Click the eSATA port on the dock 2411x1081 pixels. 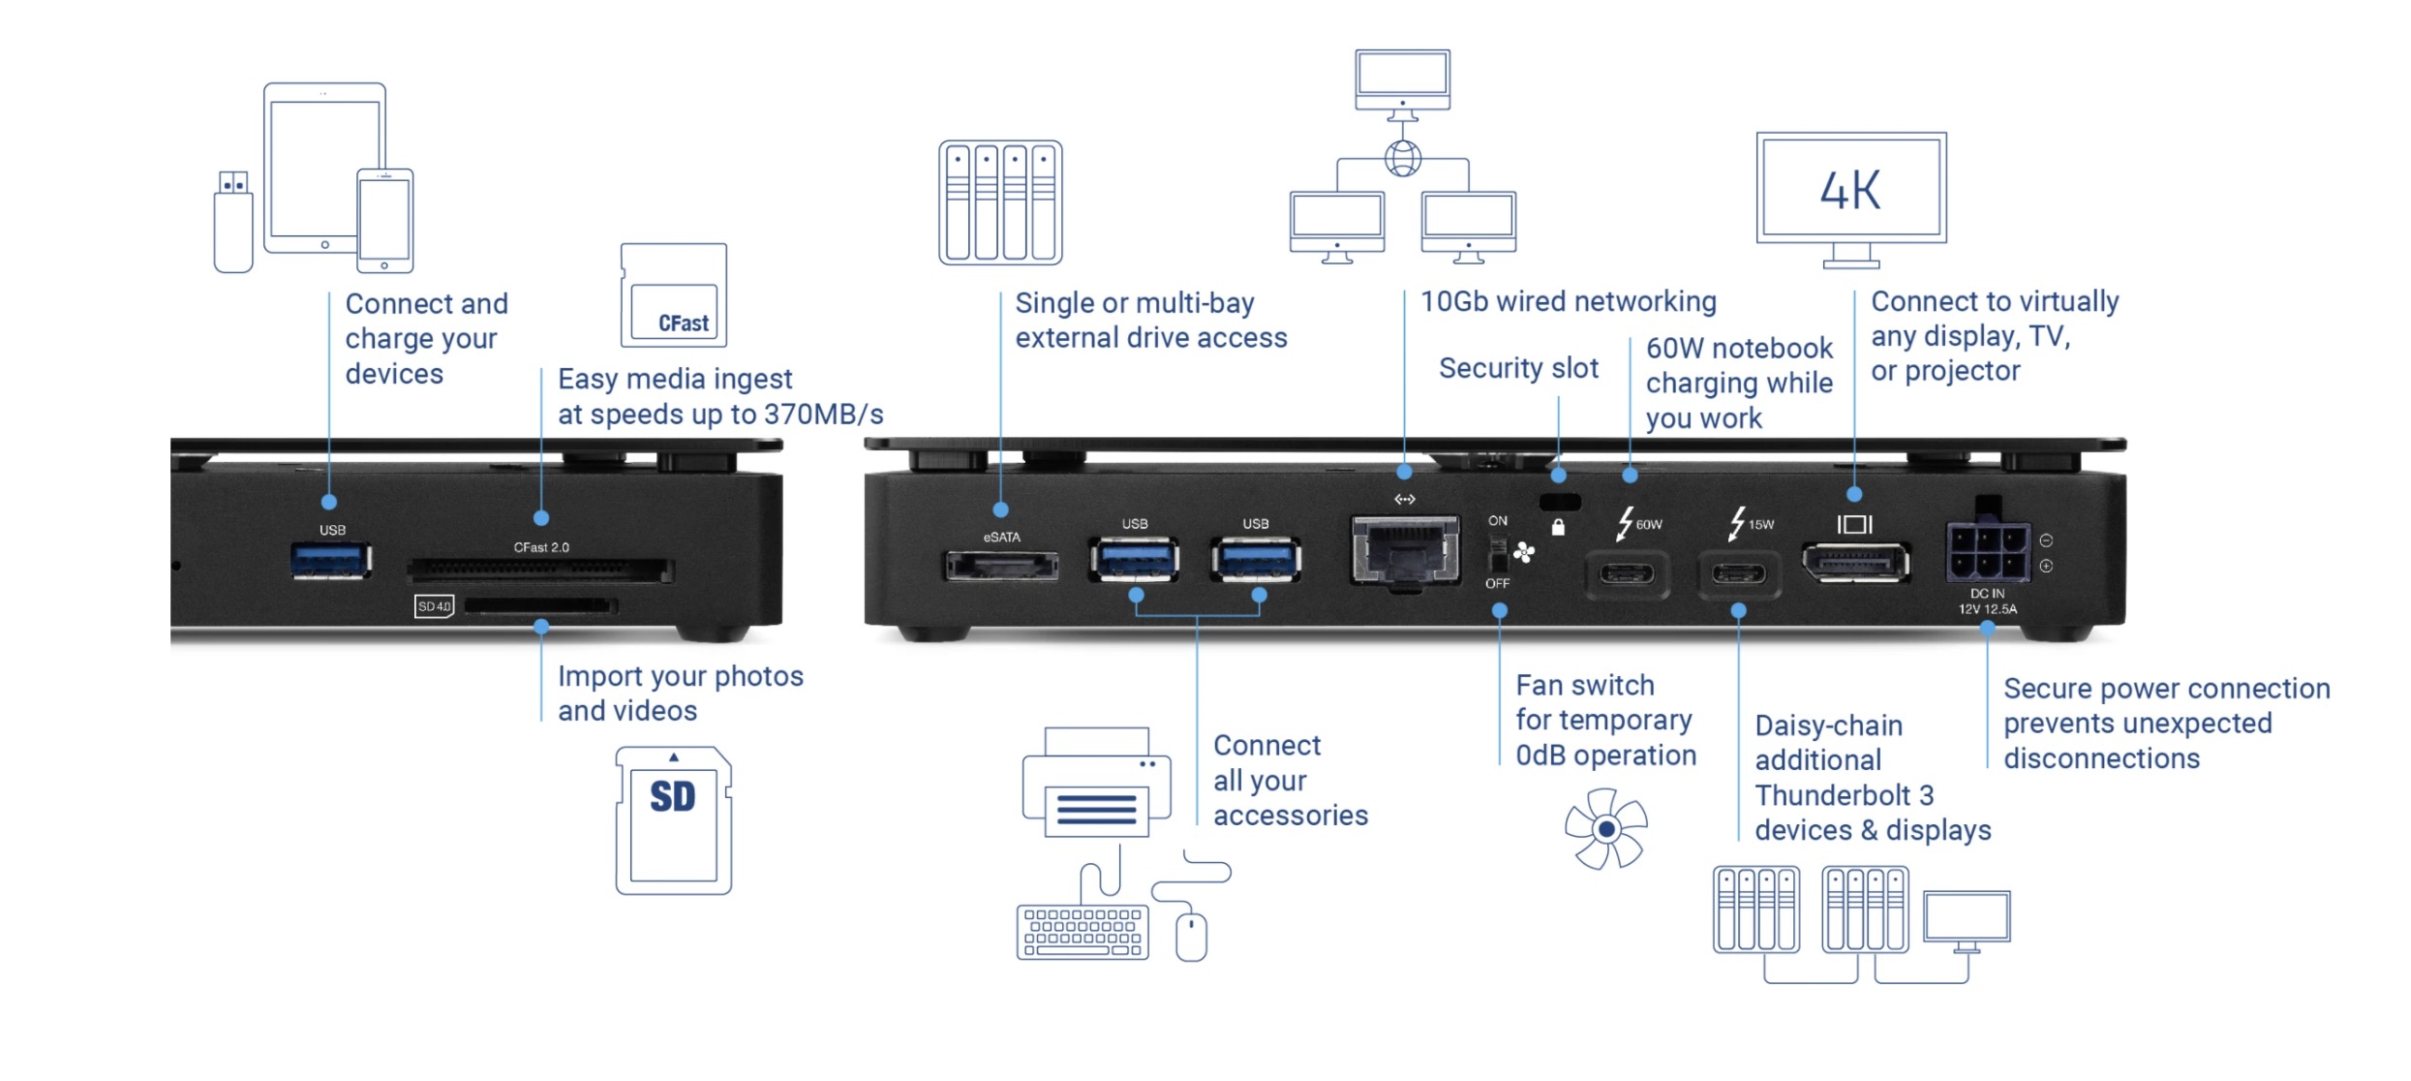(1001, 565)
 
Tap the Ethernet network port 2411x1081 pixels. (1406, 550)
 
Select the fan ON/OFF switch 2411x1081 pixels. (1498, 555)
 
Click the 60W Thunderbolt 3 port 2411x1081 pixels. (1627, 574)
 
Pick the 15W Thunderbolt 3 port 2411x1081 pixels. (1739, 574)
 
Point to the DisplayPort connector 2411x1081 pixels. (1855, 563)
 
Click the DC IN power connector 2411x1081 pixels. (1988, 551)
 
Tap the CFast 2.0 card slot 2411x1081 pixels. (540, 570)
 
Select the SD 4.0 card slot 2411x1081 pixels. (540, 606)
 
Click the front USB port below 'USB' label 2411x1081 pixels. (331, 560)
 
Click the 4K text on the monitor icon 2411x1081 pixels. (1850, 190)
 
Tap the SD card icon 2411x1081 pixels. (674, 820)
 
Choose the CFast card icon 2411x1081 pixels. (674, 295)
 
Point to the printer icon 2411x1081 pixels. (1097, 783)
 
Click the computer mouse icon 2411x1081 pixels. (1192, 937)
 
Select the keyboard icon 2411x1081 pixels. (1083, 932)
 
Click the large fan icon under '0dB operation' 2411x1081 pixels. (1606, 829)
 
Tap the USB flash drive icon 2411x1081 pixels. (233, 222)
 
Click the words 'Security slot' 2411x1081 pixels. (1518, 368)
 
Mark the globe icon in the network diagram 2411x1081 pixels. (1403, 158)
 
